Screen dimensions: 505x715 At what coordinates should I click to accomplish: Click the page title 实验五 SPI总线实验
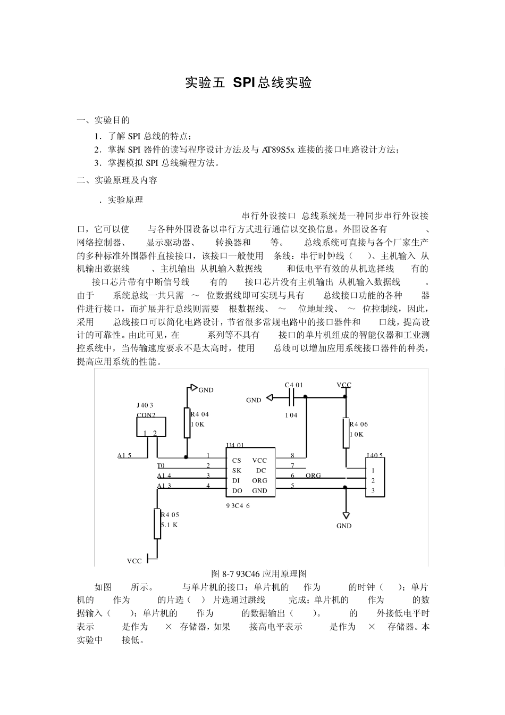point(248,82)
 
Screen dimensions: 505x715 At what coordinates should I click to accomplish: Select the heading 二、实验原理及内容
point(117,180)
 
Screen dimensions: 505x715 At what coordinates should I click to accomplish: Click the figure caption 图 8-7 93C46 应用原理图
point(259,573)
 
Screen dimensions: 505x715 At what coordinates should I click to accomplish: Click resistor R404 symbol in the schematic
point(187,423)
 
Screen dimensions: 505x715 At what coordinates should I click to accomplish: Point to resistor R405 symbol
point(157,523)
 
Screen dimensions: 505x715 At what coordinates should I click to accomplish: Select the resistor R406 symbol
point(346,433)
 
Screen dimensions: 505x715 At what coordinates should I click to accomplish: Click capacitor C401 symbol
point(291,397)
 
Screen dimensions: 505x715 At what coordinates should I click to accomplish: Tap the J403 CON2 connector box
point(151,427)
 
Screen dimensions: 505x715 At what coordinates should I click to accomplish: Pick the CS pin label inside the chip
point(237,461)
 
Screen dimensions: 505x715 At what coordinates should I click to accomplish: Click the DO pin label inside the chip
point(237,491)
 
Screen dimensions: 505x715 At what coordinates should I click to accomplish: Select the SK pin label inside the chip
point(237,471)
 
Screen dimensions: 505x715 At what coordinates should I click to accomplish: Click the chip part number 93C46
point(238,506)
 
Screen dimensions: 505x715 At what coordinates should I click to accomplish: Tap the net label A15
point(124,456)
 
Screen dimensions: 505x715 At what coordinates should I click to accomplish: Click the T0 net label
point(161,466)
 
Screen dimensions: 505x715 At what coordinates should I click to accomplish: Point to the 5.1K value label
point(170,525)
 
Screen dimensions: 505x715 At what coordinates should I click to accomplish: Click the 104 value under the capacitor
point(291,415)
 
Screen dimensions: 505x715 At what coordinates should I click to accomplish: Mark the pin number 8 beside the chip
point(292,456)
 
